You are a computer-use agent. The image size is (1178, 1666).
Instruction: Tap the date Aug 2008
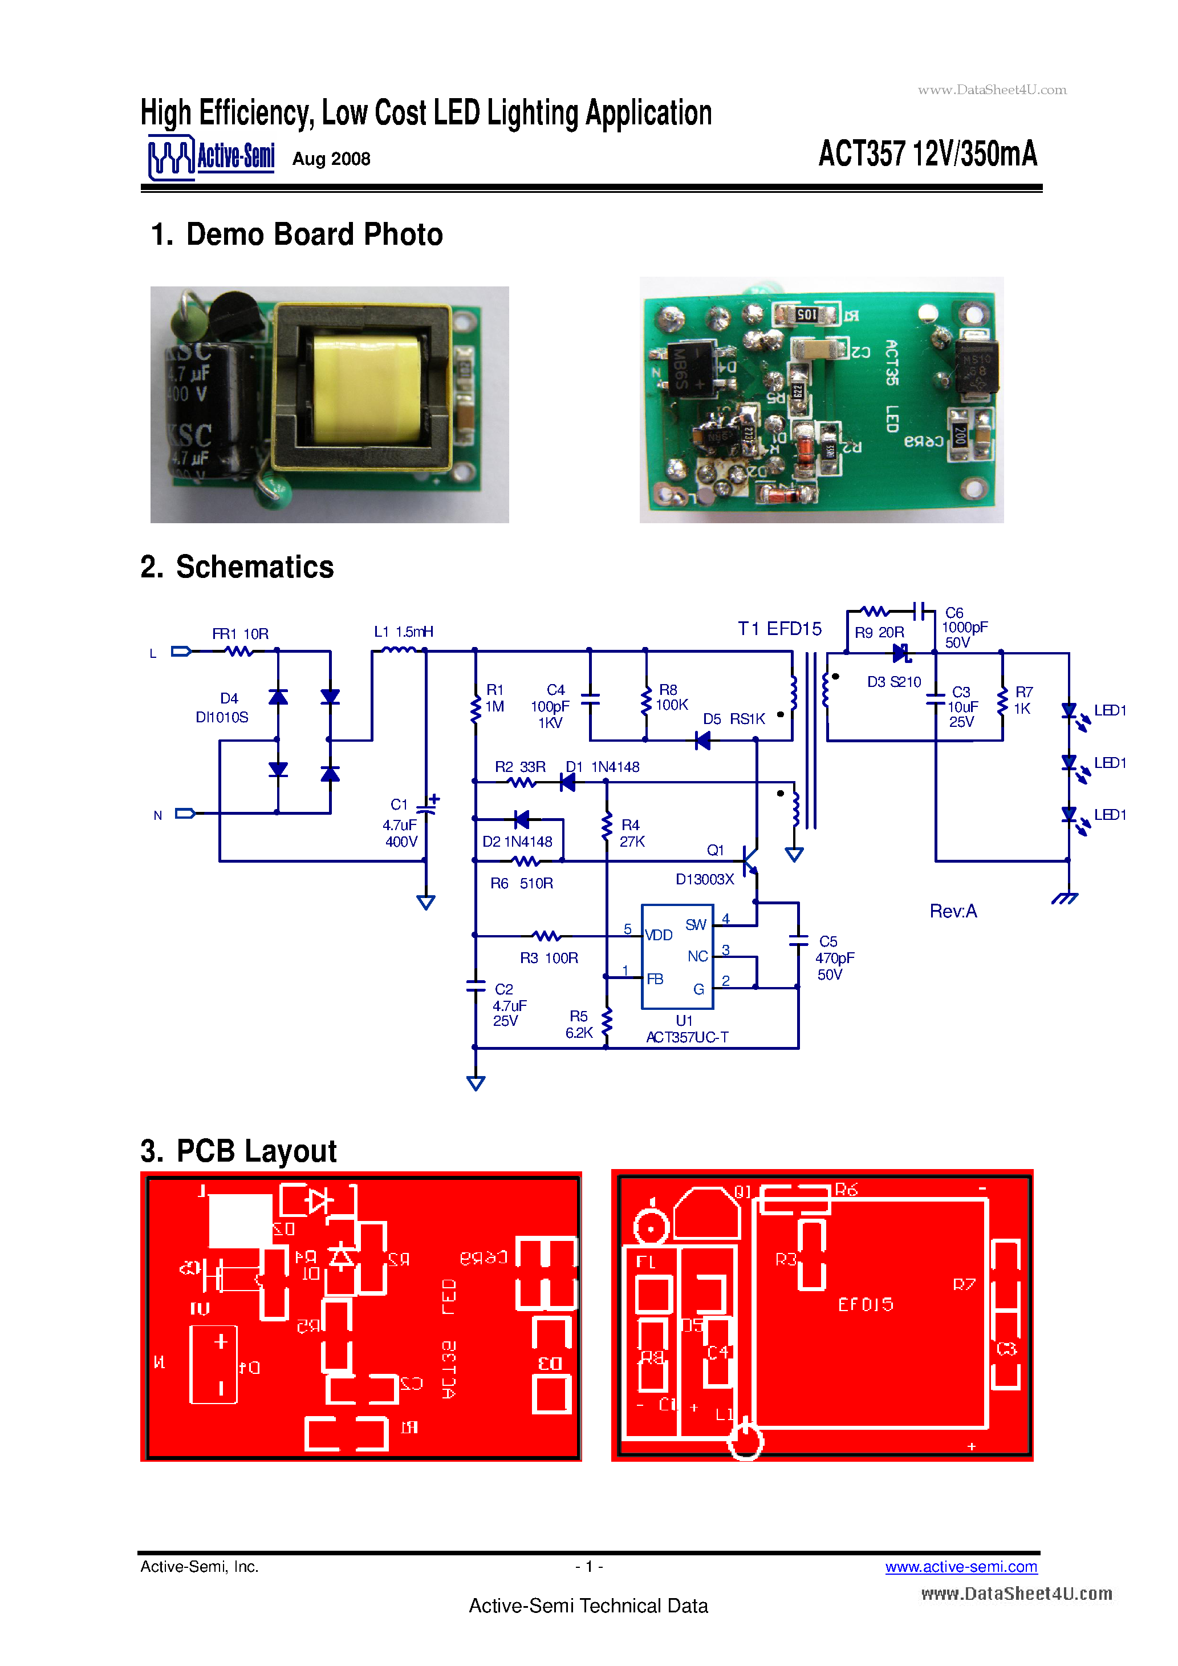(331, 159)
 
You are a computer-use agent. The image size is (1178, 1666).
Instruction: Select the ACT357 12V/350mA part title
(927, 154)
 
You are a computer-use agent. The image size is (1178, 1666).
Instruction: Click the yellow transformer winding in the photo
(366, 387)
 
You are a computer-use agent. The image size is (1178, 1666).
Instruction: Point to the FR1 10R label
(240, 633)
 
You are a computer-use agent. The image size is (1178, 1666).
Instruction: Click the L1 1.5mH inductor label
(403, 631)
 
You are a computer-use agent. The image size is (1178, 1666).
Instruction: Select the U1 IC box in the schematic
(677, 956)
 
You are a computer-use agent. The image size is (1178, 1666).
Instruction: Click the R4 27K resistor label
(632, 833)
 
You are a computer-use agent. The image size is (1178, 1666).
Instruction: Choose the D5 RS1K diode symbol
(702, 741)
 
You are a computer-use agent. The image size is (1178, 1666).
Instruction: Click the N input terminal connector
(185, 814)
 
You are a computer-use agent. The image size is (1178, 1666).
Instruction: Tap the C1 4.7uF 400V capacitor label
(400, 823)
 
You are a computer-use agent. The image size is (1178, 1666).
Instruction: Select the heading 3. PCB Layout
(239, 1151)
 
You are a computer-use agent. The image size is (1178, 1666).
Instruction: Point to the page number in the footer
(589, 1567)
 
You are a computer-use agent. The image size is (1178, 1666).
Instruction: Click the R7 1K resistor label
(1023, 700)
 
